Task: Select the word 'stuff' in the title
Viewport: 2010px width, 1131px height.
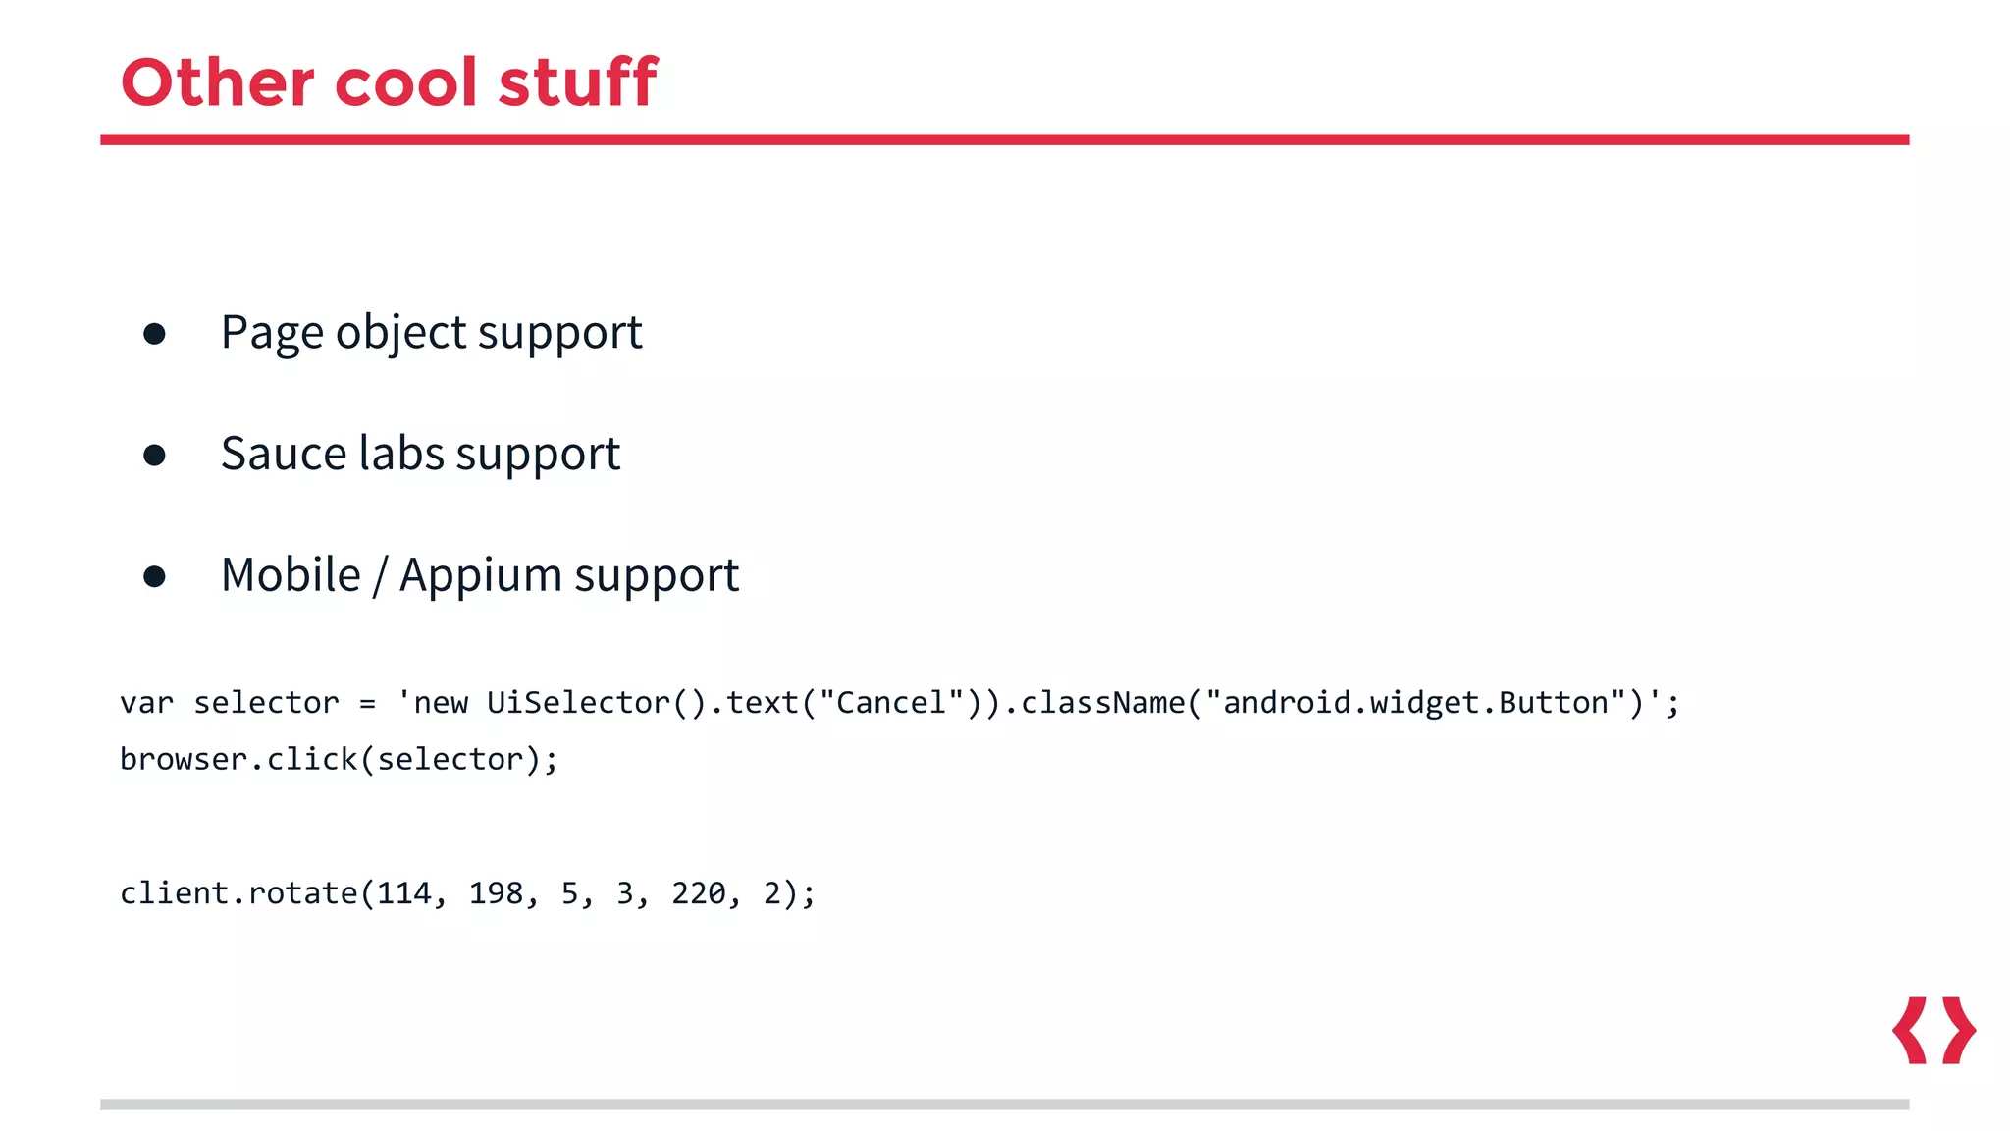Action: [577, 82]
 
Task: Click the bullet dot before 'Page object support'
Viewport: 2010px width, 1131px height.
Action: [154, 334]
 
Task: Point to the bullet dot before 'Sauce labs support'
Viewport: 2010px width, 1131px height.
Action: [154, 455]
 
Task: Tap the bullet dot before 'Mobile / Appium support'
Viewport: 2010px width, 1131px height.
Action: [154, 576]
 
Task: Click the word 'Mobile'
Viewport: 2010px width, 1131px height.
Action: [291, 575]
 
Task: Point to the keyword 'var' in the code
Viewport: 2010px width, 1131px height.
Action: [146, 703]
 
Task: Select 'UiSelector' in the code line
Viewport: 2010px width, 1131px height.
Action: [578, 703]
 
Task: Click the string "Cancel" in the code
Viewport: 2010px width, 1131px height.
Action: [891, 703]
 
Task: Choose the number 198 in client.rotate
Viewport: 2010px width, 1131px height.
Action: [496, 893]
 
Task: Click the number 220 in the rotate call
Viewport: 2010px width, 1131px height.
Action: [698, 893]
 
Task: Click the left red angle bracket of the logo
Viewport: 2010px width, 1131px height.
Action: [1910, 1030]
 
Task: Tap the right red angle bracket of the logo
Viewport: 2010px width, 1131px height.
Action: [1959, 1030]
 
